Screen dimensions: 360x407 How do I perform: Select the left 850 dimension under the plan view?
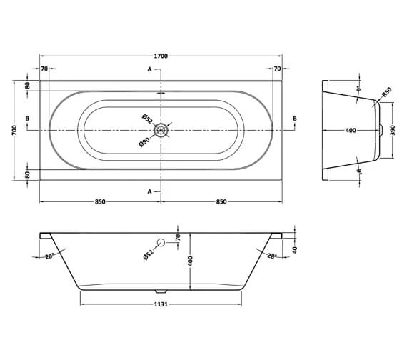tap(100, 202)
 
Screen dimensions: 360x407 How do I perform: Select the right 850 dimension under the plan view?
tap(221, 202)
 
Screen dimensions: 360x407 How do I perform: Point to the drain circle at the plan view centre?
tap(162, 129)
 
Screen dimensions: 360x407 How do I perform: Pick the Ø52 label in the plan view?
tap(145, 118)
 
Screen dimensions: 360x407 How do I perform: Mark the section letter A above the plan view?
tap(149, 69)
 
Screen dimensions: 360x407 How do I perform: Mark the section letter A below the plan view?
tap(149, 191)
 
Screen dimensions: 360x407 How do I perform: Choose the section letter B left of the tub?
tap(27, 118)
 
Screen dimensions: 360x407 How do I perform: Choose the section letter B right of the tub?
tap(294, 118)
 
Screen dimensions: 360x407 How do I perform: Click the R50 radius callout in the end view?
tap(386, 92)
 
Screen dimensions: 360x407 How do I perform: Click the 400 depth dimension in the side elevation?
tap(191, 261)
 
